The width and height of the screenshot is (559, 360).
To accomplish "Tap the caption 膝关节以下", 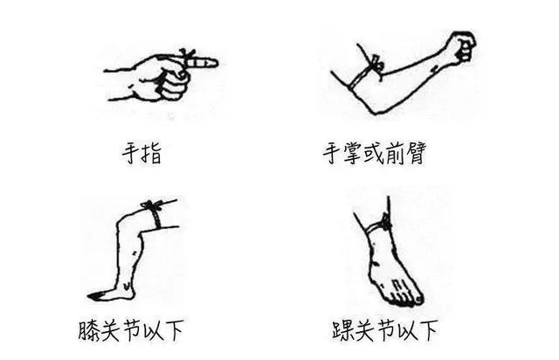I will click(x=142, y=333).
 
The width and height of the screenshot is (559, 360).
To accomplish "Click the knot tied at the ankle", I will click(x=385, y=225).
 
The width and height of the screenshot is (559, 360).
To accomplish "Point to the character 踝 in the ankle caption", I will click(x=335, y=333).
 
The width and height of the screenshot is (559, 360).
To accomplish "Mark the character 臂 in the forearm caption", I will click(x=425, y=156).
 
